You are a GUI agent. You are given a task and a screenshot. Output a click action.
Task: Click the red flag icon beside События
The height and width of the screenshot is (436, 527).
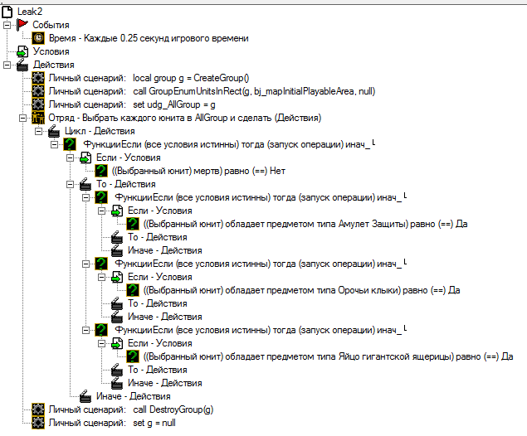[22, 25]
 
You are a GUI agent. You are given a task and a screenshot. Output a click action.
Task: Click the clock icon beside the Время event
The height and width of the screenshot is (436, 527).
[38, 38]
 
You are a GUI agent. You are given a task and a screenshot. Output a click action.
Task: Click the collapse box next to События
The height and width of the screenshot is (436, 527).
[8, 25]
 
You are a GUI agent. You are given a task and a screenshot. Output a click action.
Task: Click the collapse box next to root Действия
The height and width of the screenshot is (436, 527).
[8, 65]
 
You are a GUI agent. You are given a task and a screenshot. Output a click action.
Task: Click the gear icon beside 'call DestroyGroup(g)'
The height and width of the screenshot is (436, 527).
[38, 409]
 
